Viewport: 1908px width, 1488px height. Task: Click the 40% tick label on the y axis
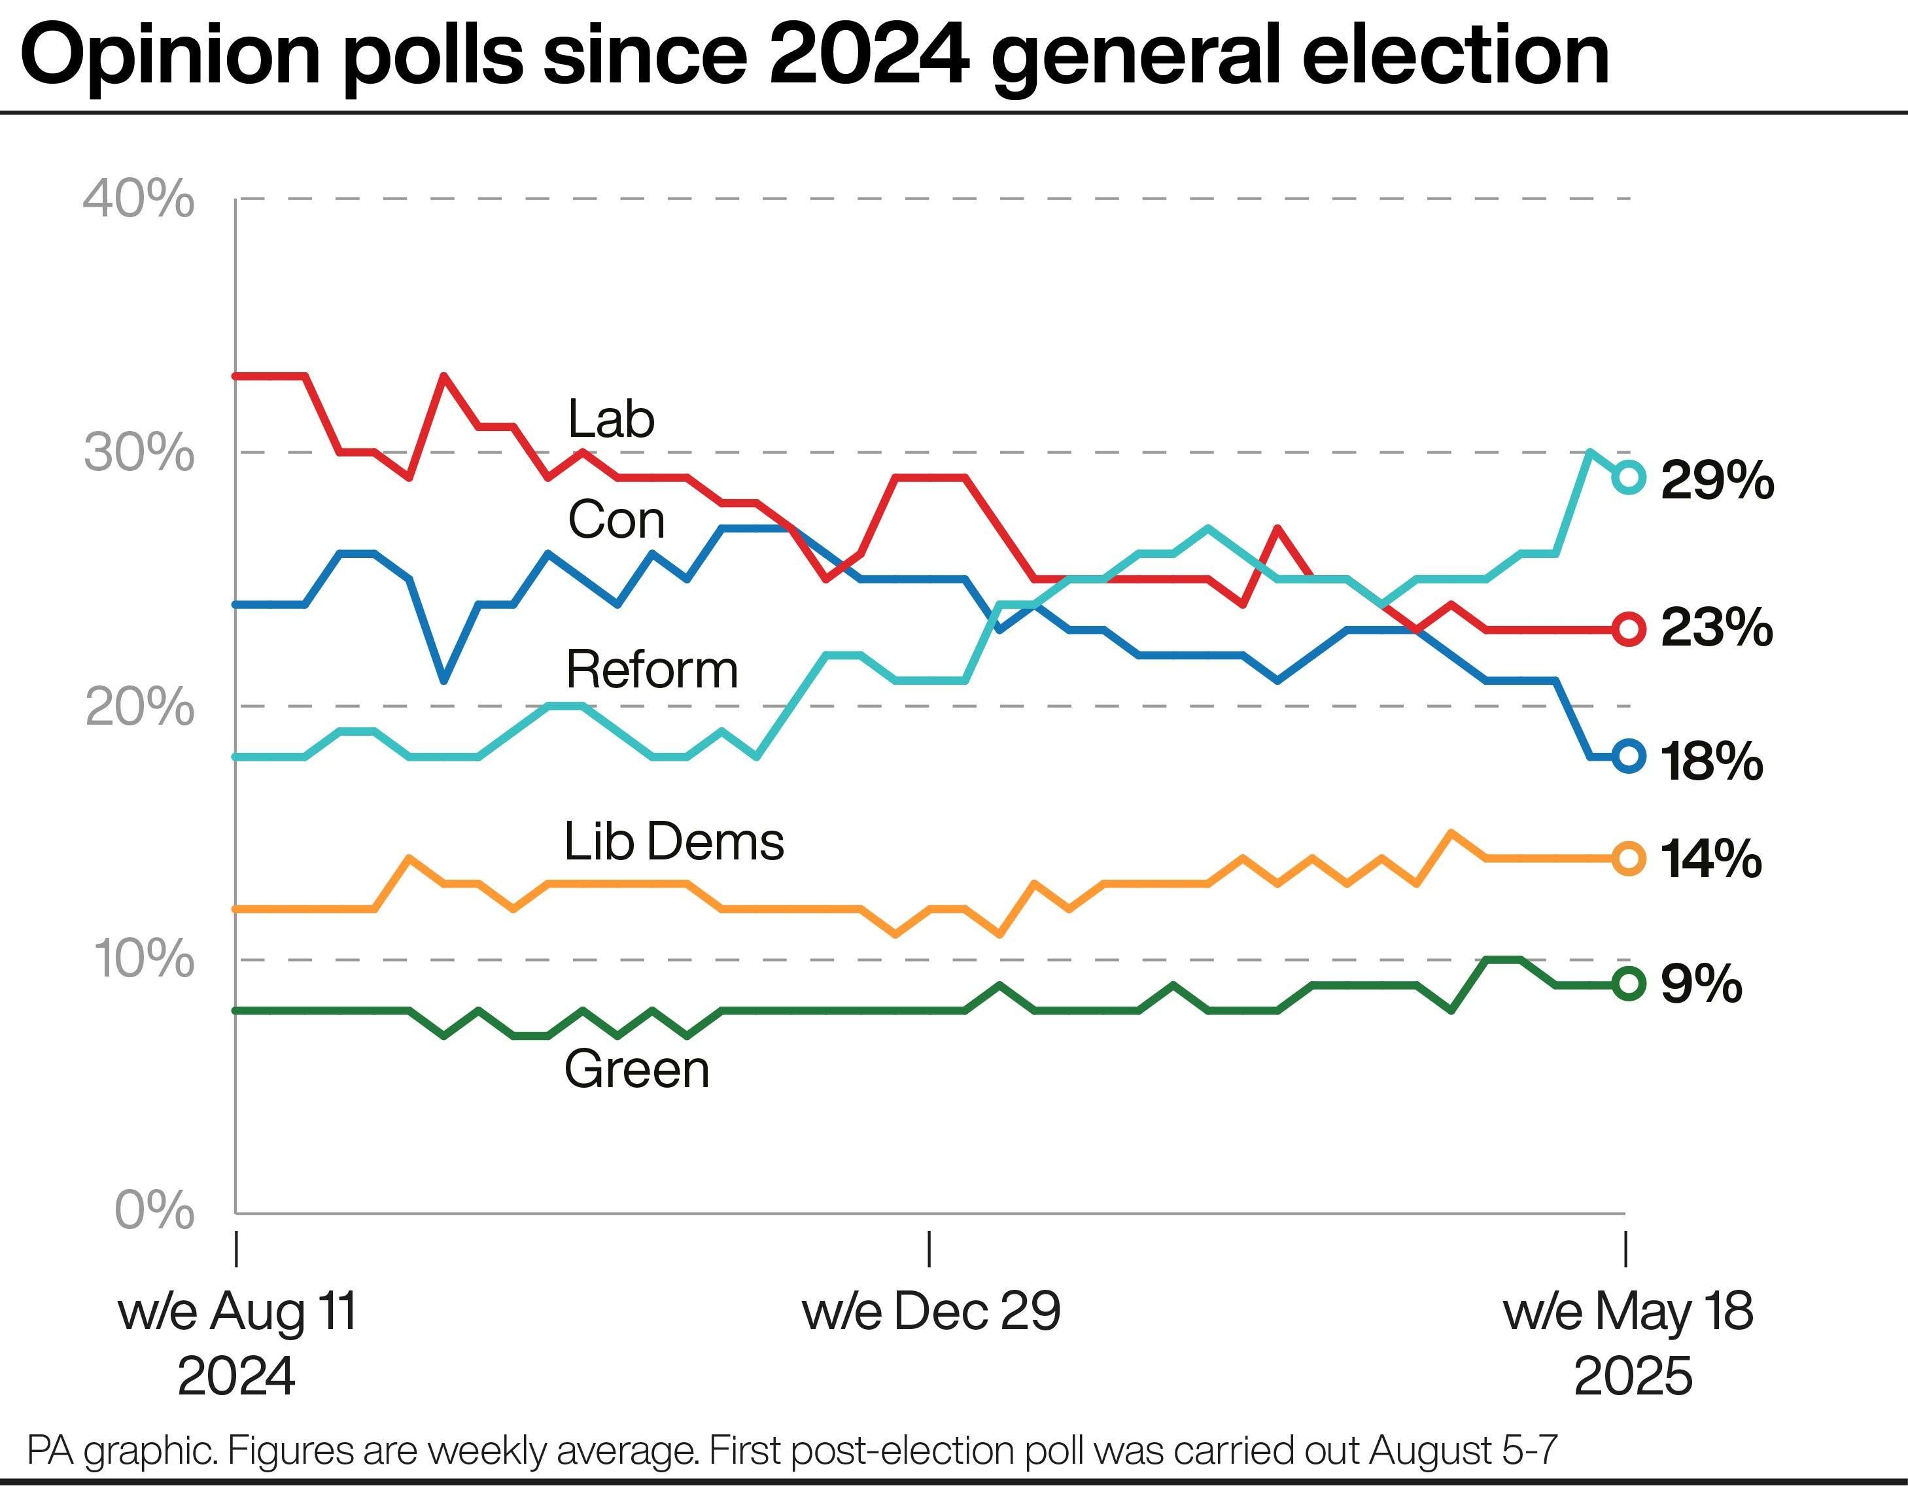tap(139, 199)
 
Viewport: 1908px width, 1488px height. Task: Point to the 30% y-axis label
tap(139, 453)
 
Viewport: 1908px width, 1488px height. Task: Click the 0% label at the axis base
tap(154, 1211)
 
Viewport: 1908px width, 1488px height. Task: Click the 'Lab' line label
tap(612, 419)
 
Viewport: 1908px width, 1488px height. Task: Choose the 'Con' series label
tap(617, 520)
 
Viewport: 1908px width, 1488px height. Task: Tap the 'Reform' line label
tap(651, 670)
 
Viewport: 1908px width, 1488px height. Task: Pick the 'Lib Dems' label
tap(674, 841)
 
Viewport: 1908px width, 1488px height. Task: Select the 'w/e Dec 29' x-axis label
tap(931, 1311)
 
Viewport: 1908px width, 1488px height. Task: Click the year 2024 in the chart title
tap(869, 54)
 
